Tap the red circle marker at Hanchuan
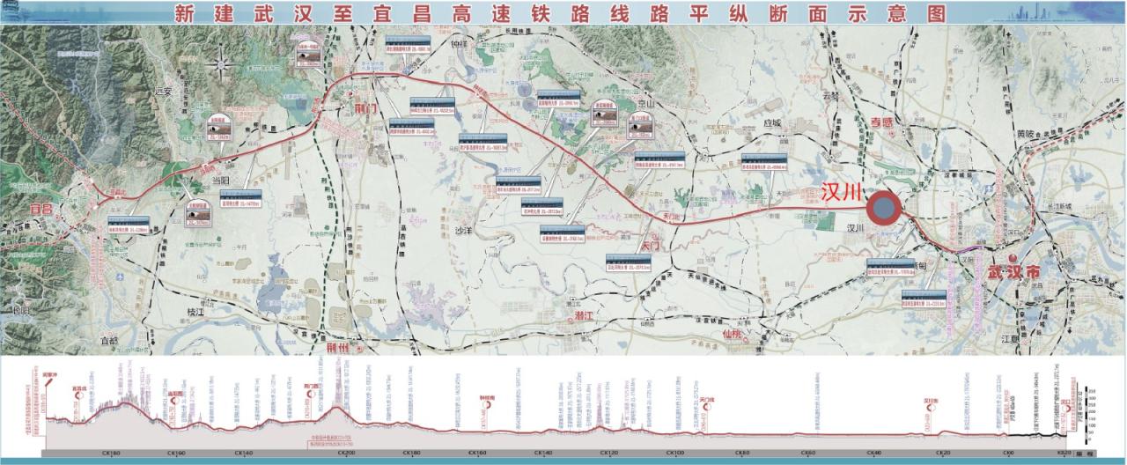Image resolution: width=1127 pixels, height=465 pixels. pos(883,210)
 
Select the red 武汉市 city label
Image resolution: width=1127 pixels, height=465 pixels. pos(1008,273)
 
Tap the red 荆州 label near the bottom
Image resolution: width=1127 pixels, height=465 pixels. pos(338,347)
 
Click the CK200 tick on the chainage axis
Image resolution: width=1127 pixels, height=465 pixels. pos(347,453)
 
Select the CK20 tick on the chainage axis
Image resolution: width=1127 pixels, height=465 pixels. pos(942,453)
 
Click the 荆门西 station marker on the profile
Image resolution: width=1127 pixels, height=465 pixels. pos(311,389)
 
